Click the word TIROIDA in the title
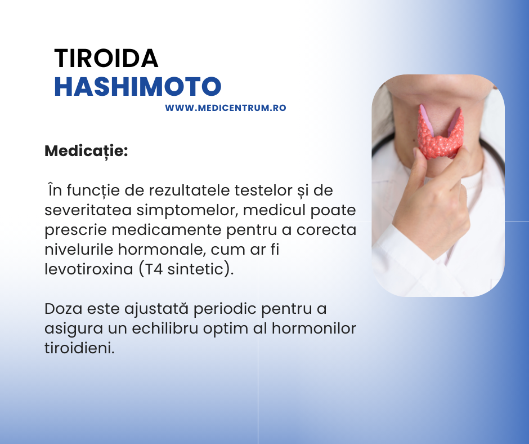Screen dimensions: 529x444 [106, 59]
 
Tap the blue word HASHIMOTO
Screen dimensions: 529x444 [138, 87]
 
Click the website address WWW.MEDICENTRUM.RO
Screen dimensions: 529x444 [225, 108]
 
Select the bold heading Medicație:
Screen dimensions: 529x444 [86, 151]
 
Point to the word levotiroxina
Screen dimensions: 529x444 [89, 269]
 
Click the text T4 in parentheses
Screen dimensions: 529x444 [153, 269]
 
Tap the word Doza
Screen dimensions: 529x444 [63, 309]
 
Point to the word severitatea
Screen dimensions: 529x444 [88, 210]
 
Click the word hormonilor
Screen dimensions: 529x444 [314, 328]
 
